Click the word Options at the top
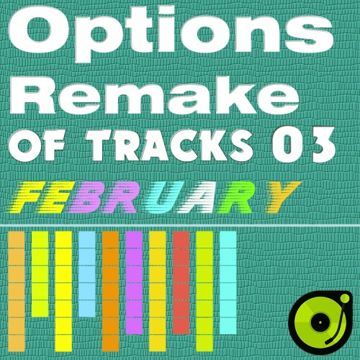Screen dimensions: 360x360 coord(171,31)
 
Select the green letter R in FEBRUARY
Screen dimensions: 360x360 coord(236,197)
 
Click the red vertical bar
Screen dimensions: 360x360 coord(181,283)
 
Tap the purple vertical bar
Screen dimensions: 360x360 coord(134,283)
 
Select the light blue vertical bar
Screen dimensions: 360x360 coord(87,274)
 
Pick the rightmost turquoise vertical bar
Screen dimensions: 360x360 coord(228,283)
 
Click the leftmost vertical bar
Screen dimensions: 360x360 coord(17,291)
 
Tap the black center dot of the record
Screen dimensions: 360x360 coord(320,322)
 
